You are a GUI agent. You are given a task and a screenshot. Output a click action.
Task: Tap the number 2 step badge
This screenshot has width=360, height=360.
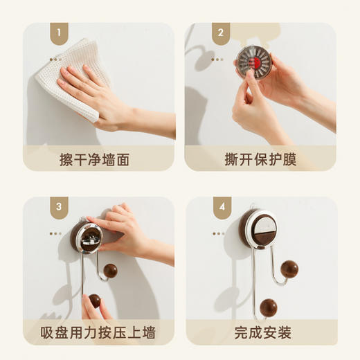click(221, 32)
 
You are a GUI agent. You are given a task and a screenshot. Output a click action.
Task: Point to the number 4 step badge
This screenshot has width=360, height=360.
click(221, 206)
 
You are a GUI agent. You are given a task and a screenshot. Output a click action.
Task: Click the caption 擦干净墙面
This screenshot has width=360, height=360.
click(99, 159)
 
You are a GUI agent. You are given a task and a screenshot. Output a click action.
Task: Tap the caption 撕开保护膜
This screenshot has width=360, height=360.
click(260, 159)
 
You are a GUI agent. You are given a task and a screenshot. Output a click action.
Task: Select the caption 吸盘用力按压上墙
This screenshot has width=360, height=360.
click(99, 332)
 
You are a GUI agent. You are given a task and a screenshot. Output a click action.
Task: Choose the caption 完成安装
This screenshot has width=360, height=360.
click(260, 332)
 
